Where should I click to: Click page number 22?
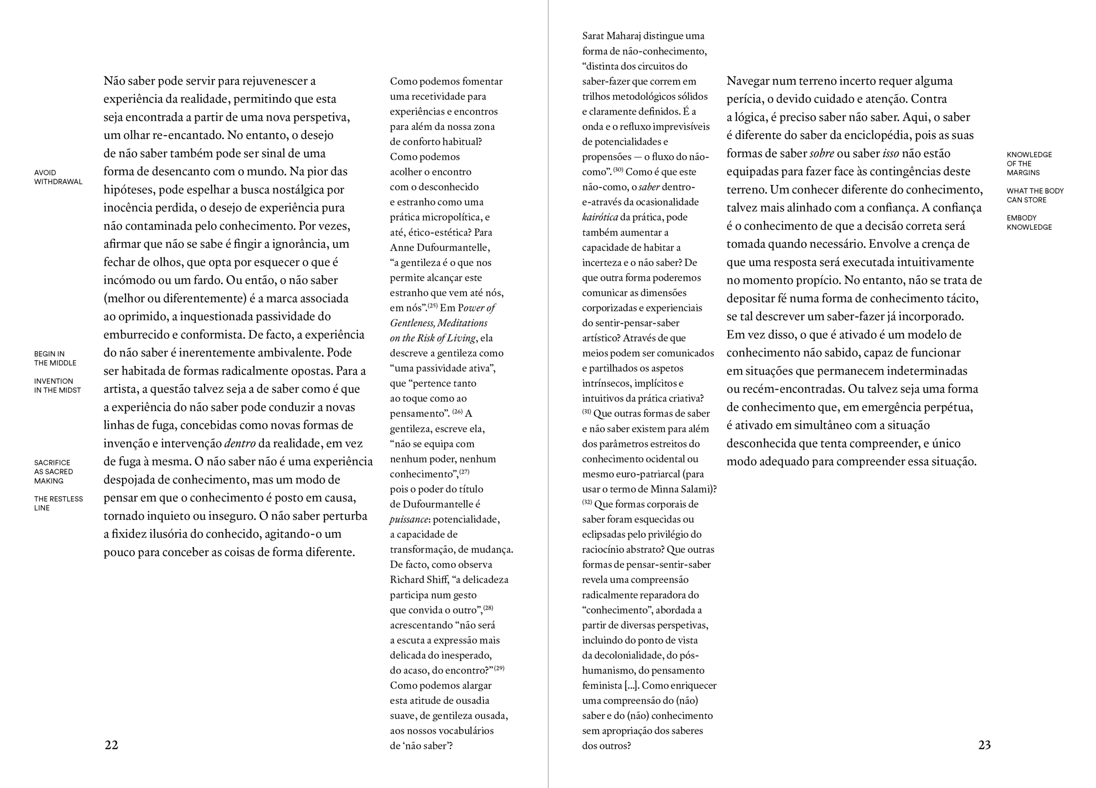click(x=111, y=745)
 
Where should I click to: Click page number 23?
click(x=984, y=745)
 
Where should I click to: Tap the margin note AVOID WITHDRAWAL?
click(x=58, y=177)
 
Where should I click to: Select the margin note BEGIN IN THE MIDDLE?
click(x=55, y=358)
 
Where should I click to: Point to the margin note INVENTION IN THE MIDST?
click(x=57, y=386)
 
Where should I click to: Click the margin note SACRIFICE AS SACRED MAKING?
click(x=53, y=472)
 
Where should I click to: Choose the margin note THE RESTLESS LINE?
click(x=58, y=503)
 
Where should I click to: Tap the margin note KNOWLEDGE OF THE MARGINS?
click(x=1029, y=163)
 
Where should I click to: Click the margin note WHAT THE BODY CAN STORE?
click(x=1035, y=195)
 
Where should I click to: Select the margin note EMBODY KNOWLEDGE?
click(x=1029, y=222)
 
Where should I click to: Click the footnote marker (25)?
click(x=432, y=305)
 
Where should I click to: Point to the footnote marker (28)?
click(x=488, y=607)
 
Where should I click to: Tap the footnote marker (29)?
click(x=499, y=668)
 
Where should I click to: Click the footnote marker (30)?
click(x=619, y=170)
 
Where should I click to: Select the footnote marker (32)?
click(x=587, y=502)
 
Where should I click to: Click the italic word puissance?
click(x=409, y=519)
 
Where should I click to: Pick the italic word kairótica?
click(x=600, y=217)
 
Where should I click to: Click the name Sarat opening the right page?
click(x=593, y=36)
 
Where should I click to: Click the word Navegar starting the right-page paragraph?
click(x=748, y=81)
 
